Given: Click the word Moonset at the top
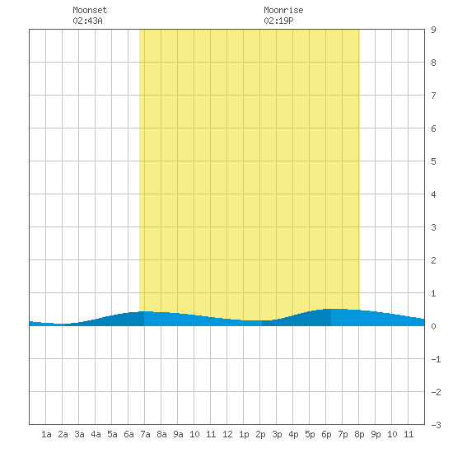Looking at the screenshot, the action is [x=90, y=10].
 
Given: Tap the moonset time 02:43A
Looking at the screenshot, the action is [x=87, y=21].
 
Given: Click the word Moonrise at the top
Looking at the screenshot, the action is [x=283, y=10].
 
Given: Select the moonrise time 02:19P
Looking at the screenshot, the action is [x=278, y=21].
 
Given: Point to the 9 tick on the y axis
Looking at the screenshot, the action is [x=433, y=30].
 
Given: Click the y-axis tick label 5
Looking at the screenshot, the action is [x=433, y=161].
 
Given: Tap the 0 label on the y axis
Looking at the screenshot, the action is [x=433, y=326].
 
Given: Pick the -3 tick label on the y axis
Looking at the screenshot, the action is [x=436, y=425].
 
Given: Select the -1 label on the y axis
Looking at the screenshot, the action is [x=436, y=359].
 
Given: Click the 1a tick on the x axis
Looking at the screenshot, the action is [x=46, y=434].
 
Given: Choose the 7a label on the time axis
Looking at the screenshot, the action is [x=145, y=434].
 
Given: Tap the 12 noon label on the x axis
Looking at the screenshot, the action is [x=227, y=434].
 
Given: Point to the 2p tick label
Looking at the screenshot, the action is [x=260, y=434].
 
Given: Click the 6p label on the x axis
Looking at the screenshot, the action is [x=326, y=434].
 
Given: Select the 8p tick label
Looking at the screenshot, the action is [x=359, y=434].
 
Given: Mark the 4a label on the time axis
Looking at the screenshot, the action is [x=96, y=434].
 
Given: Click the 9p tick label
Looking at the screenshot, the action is [x=376, y=434].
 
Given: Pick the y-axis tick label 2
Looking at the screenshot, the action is [x=433, y=260].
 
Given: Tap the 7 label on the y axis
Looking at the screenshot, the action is [x=433, y=96].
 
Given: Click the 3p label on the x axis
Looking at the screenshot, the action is [x=277, y=434].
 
